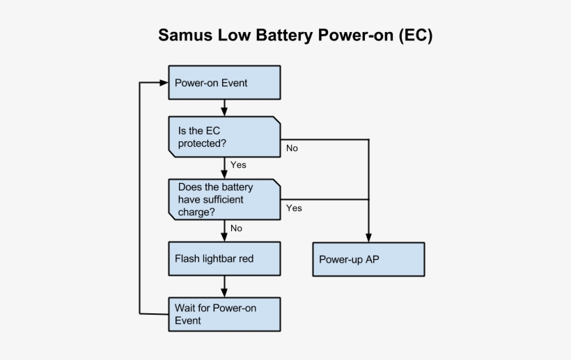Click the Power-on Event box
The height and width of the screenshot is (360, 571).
pyautogui.click(x=224, y=83)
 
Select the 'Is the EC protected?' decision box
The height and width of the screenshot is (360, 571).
pyautogui.click(x=224, y=136)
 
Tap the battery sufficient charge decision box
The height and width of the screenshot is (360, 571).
pyautogui.click(x=224, y=199)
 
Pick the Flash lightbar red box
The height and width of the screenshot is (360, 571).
pyautogui.click(x=224, y=258)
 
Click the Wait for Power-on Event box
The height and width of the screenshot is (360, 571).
pyautogui.click(x=224, y=314)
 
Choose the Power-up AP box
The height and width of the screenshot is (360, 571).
pyautogui.click(x=368, y=260)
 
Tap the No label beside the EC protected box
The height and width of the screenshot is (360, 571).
pyautogui.click(x=292, y=148)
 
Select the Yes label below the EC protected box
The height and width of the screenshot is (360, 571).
pyautogui.click(x=238, y=165)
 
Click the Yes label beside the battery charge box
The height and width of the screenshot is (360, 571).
pyautogui.click(x=294, y=208)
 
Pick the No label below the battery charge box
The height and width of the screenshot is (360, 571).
pyautogui.click(x=236, y=228)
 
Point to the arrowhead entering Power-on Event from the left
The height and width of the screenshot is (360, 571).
pyautogui.click(x=164, y=83)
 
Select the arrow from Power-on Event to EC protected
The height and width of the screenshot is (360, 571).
pyautogui.click(x=224, y=108)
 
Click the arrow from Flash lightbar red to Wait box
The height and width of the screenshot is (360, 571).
pyautogui.click(x=224, y=286)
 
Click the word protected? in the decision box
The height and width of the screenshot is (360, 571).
pyautogui.click(x=202, y=143)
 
